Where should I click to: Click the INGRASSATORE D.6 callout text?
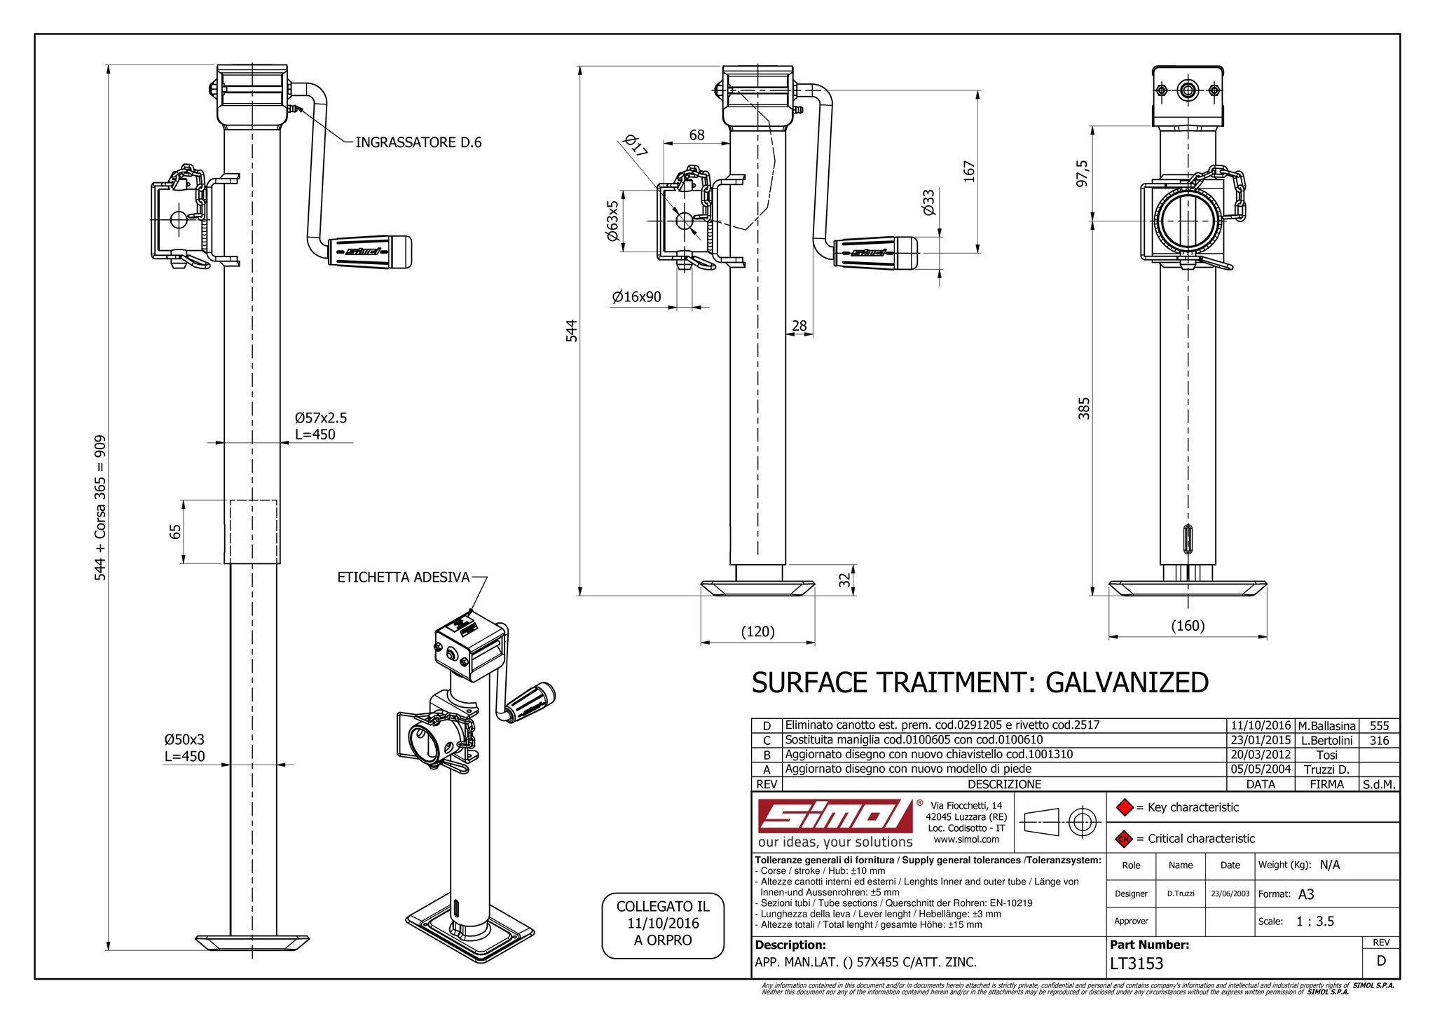click(x=418, y=143)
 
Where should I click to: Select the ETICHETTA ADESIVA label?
click(x=404, y=577)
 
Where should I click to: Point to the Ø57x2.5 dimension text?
click(x=321, y=418)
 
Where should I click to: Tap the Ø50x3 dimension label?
click(x=184, y=740)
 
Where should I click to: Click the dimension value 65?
click(x=176, y=531)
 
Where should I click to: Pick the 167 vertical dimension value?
click(x=970, y=171)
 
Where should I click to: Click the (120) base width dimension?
click(x=757, y=632)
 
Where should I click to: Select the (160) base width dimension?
click(x=1188, y=626)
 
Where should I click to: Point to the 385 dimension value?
click(x=1084, y=408)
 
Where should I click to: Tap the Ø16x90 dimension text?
click(x=636, y=297)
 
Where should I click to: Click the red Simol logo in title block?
click(x=836, y=816)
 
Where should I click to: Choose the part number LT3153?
click(x=1137, y=964)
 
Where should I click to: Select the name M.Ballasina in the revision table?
click(x=1326, y=726)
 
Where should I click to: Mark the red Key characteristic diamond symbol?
click(x=1124, y=807)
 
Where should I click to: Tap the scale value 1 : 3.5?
click(x=1314, y=921)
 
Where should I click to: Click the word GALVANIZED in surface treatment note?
click(x=1127, y=683)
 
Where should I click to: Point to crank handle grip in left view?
click(x=371, y=252)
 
